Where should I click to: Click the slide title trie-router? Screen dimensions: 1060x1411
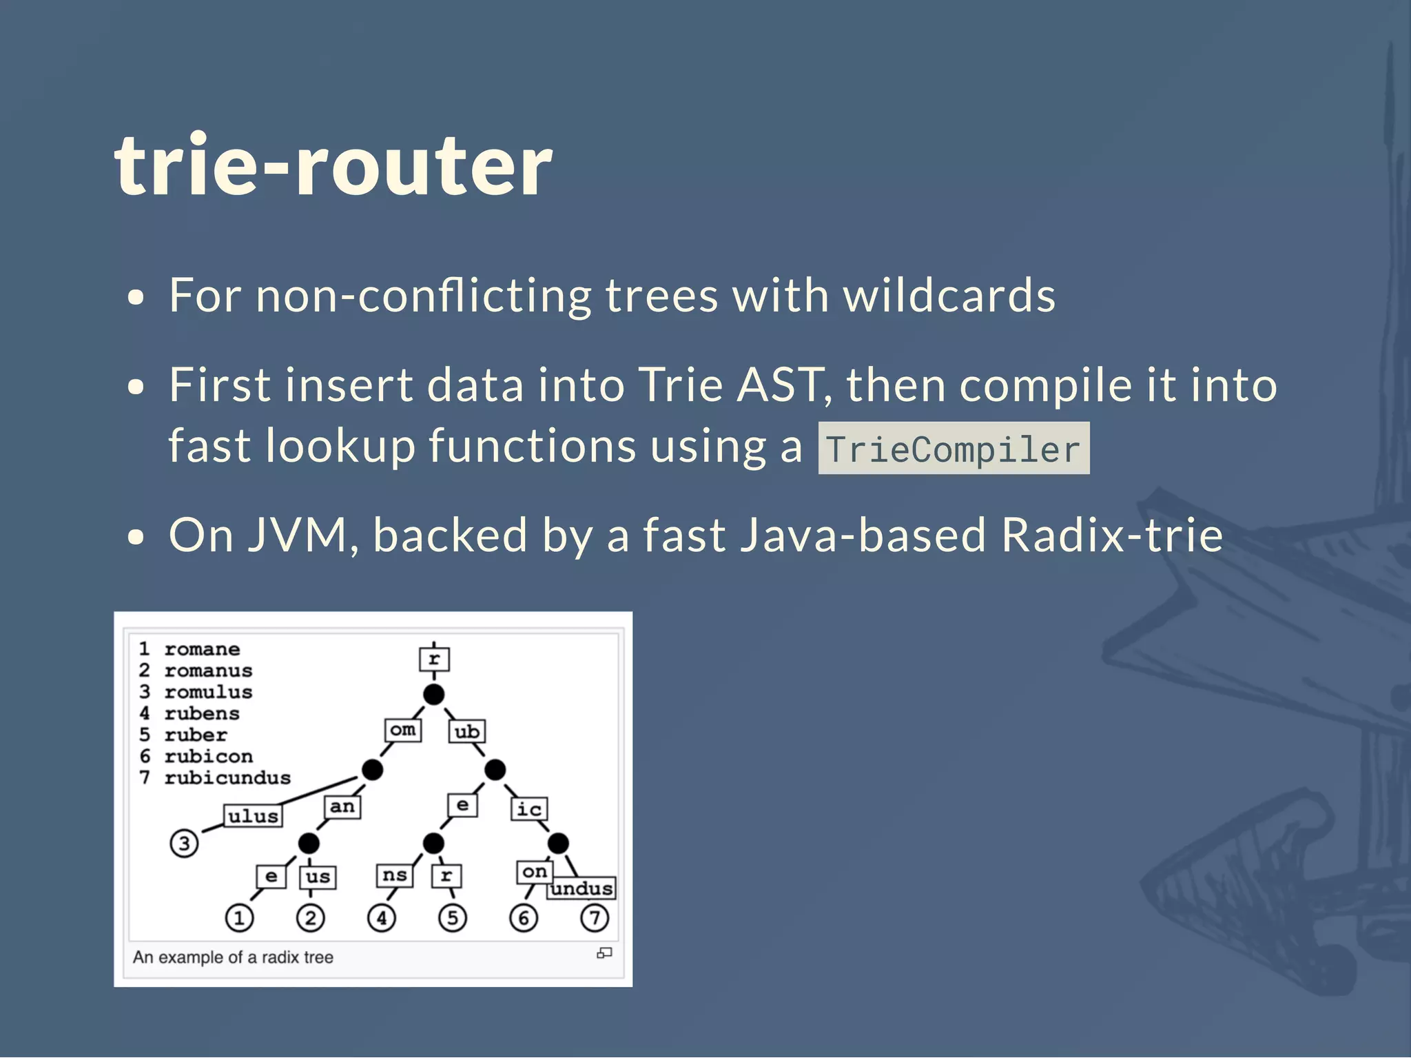click(x=333, y=165)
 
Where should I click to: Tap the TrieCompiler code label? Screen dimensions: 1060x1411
click(x=954, y=449)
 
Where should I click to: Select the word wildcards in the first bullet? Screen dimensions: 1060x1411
click(x=949, y=296)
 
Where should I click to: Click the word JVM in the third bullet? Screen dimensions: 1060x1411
click(x=297, y=535)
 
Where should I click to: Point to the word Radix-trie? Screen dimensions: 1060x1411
click(x=1112, y=535)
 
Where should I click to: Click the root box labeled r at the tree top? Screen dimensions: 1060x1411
click(x=434, y=659)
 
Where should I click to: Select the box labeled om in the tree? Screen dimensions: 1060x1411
click(x=403, y=730)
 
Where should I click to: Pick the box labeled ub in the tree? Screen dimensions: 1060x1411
click(x=467, y=732)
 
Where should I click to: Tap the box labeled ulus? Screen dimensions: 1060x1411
click(x=253, y=816)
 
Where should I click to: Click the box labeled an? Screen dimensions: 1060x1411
click(x=342, y=806)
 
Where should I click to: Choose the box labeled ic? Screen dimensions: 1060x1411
click(x=529, y=809)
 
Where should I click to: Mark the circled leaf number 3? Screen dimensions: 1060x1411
click(x=184, y=843)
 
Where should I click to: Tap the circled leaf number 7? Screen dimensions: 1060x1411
click(x=595, y=918)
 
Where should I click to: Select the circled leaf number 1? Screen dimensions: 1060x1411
click(x=239, y=918)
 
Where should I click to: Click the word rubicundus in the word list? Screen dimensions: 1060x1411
click(x=227, y=778)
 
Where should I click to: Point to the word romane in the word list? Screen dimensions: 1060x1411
click(x=202, y=649)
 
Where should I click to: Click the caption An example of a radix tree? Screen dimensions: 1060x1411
click(x=233, y=957)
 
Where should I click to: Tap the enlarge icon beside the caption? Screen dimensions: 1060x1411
click(x=604, y=953)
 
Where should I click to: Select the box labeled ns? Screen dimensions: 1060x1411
click(x=395, y=875)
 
